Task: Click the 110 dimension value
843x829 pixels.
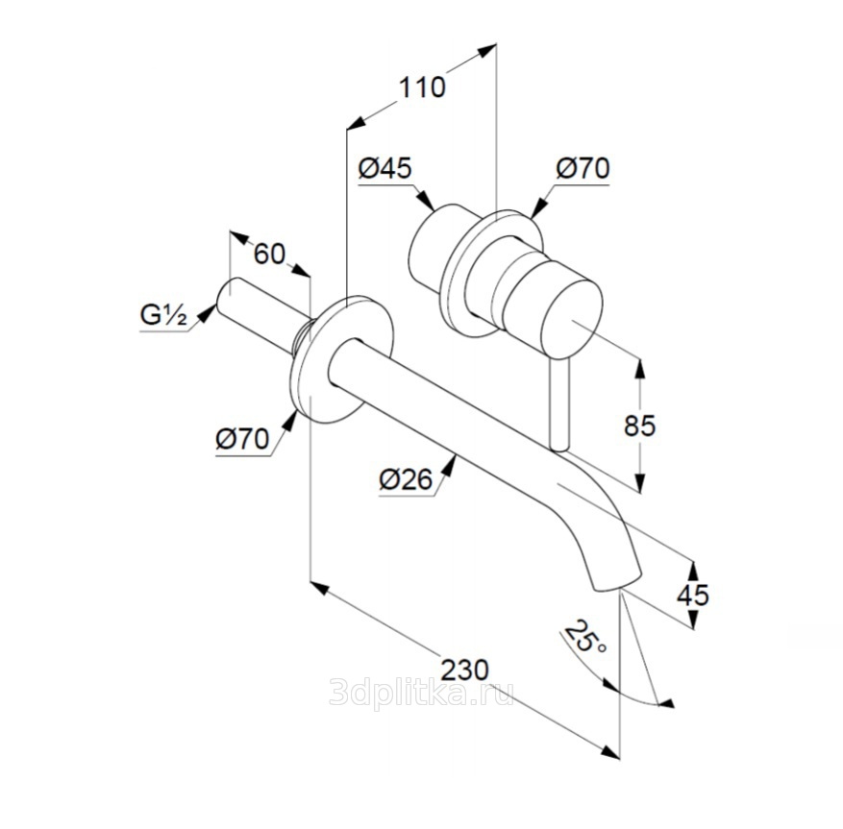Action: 423,87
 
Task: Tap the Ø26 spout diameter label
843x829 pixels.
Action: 404,477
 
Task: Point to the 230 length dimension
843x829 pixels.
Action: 463,669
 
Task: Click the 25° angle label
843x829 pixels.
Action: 584,638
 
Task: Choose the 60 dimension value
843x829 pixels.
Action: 270,255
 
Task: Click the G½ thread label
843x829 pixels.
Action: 162,314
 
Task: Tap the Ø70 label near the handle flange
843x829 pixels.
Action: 583,169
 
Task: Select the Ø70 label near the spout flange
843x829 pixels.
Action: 241,440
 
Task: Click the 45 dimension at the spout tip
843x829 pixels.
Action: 692,595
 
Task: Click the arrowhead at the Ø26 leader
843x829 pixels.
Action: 454,462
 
